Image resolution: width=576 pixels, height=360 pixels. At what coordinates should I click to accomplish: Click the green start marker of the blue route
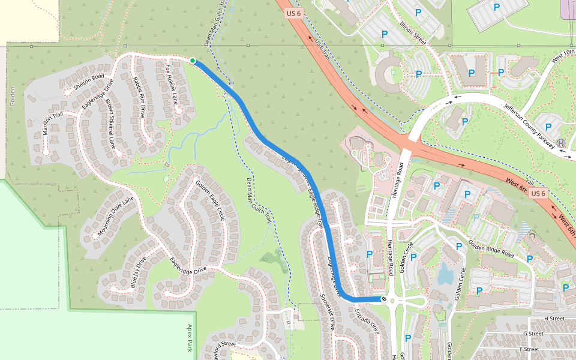click(x=193, y=61)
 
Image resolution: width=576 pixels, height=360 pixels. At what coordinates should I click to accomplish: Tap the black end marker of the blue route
click(x=384, y=299)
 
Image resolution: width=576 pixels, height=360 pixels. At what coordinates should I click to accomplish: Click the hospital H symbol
click(x=560, y=143)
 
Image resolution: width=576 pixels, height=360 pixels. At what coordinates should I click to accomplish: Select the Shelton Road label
click(x=89, y=83)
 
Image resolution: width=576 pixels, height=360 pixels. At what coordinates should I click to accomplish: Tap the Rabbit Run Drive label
click(x=139, y=96)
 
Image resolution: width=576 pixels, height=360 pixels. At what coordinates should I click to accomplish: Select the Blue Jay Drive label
click(x=138, y=273)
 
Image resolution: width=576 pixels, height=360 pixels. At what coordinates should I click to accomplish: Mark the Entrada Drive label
click(x=367, y=322)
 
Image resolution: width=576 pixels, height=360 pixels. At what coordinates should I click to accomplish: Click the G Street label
click(x=533, y=334)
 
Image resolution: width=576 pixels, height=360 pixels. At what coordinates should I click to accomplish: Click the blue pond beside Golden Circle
click(x=445, y=273)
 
